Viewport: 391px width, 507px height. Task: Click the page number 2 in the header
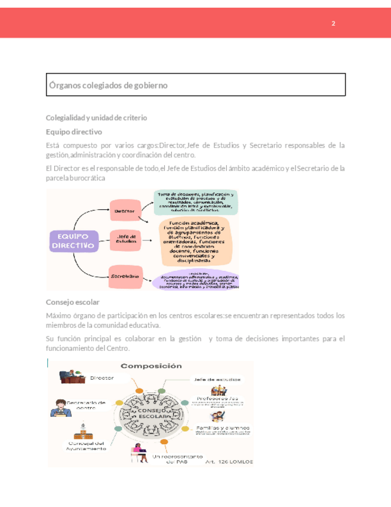(334, 23)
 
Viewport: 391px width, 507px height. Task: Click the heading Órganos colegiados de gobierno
(108, 85)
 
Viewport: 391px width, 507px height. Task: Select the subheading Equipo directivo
(74, 132)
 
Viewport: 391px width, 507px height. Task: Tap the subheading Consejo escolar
(72, 302)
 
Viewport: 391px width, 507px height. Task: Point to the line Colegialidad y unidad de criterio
(96, 118)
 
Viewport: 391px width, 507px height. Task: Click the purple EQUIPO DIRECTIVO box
(72, 241)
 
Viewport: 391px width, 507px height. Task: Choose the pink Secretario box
(125, 276)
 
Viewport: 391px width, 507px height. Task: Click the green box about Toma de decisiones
(196, 202)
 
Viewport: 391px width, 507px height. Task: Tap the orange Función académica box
(199, 242)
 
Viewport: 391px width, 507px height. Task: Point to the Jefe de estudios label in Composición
(217, 379)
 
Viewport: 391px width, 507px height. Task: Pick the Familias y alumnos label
(221, 429)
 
